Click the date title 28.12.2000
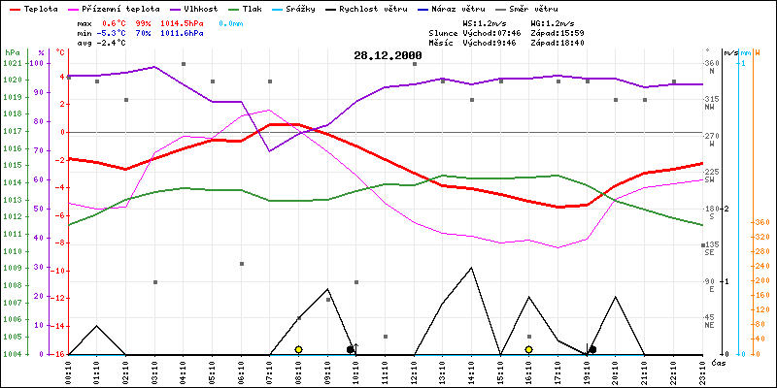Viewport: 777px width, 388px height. tap(388, 55)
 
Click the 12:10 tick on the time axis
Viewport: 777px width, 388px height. tap(414, 370)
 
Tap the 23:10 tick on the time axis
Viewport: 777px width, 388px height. tap(702, 370)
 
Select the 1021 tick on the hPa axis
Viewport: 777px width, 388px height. tap(12, 63)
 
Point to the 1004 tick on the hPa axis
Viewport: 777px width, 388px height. tap(12, 354)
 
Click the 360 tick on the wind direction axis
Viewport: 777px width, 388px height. tap(712, 63)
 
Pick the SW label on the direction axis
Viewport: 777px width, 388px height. tap(710, 180)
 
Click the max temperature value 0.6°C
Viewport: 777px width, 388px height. tap(115, 22)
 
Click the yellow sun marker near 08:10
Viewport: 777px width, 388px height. tap(298, 349)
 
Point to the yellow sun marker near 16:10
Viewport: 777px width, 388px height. tap(528, 349)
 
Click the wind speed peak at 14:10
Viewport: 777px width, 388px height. tap(471, 268)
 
